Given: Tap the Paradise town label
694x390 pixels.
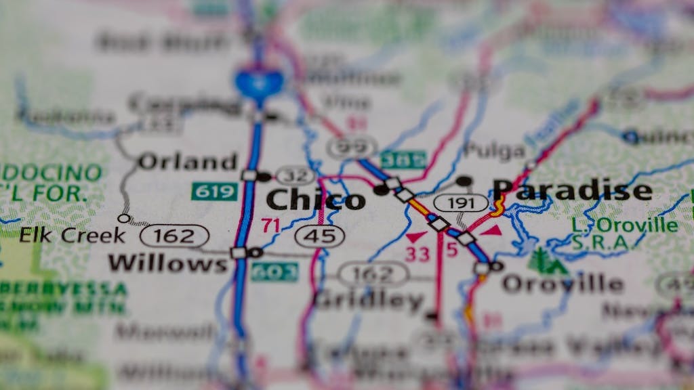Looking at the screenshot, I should pos(572,190).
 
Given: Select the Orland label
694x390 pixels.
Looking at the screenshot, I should pos(187,162).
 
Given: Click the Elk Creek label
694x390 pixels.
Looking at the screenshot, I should pos(72,236).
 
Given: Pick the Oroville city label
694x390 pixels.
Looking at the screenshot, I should pos(562,284).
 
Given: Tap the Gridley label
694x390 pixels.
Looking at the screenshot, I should pos(369,300).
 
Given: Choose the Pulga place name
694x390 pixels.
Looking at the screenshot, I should pos(494,150).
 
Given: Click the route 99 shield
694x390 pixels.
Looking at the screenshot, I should pos(352,146).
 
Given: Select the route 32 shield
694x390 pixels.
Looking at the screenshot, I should pos(296,176).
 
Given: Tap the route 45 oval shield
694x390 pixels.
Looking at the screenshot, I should pos(320,236).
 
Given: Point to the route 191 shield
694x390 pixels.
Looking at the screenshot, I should pos(461,203).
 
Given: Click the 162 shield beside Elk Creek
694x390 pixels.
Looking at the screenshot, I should pos(174,236).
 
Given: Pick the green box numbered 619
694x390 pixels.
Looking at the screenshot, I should pos(214,192).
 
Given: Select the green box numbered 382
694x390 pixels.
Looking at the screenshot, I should pos(403,160).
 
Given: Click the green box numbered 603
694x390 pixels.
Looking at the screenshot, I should pos(274,272).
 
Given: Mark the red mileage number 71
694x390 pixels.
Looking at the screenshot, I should pos(271,225).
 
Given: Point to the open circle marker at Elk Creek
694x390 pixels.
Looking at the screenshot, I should pos(123,218).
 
